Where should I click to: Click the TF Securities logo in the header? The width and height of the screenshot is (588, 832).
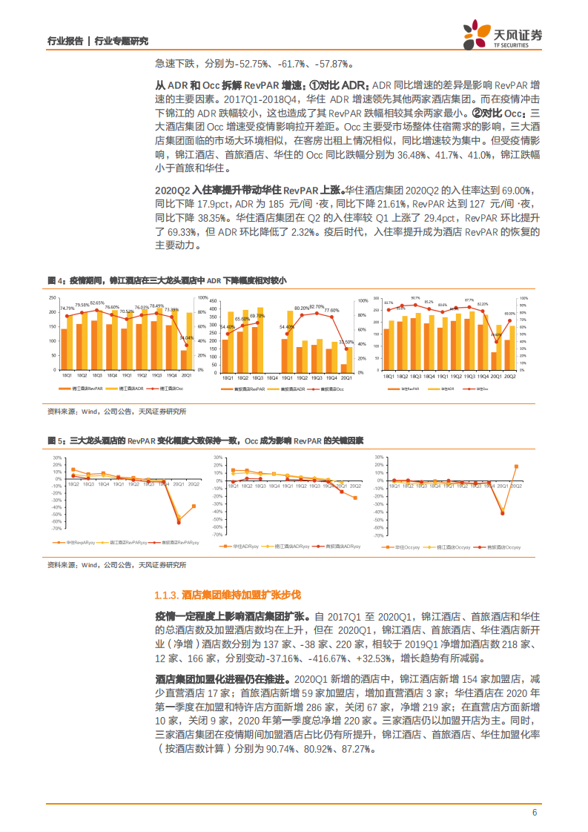pos(503,33)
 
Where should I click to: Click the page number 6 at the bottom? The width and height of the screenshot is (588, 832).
pos(534,812)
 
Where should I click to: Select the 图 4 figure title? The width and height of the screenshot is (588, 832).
pos(166,280)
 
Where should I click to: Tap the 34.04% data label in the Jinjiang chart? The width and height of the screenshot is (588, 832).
pos(187,338)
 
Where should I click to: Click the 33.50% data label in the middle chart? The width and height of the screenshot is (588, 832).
pos(346,342)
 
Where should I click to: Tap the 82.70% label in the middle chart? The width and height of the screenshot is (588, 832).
pos(317,306)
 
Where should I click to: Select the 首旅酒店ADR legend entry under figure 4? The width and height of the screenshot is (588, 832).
pos(287,389)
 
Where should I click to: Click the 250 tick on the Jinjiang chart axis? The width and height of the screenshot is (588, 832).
pos(53,298)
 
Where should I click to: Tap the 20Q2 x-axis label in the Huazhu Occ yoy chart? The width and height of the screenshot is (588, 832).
pos(516,484)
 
